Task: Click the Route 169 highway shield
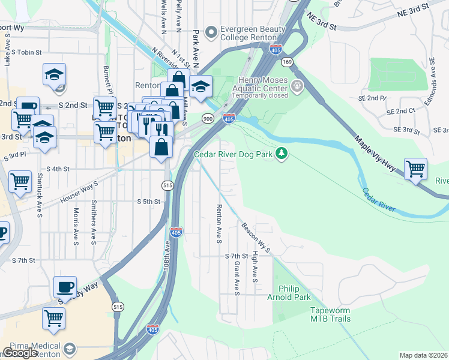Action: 288,62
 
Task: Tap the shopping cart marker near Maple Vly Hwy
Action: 415,169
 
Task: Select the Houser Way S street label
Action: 79,194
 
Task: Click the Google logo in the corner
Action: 20,353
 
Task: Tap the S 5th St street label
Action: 148,202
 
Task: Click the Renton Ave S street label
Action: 219,224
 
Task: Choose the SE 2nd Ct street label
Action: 402,112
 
